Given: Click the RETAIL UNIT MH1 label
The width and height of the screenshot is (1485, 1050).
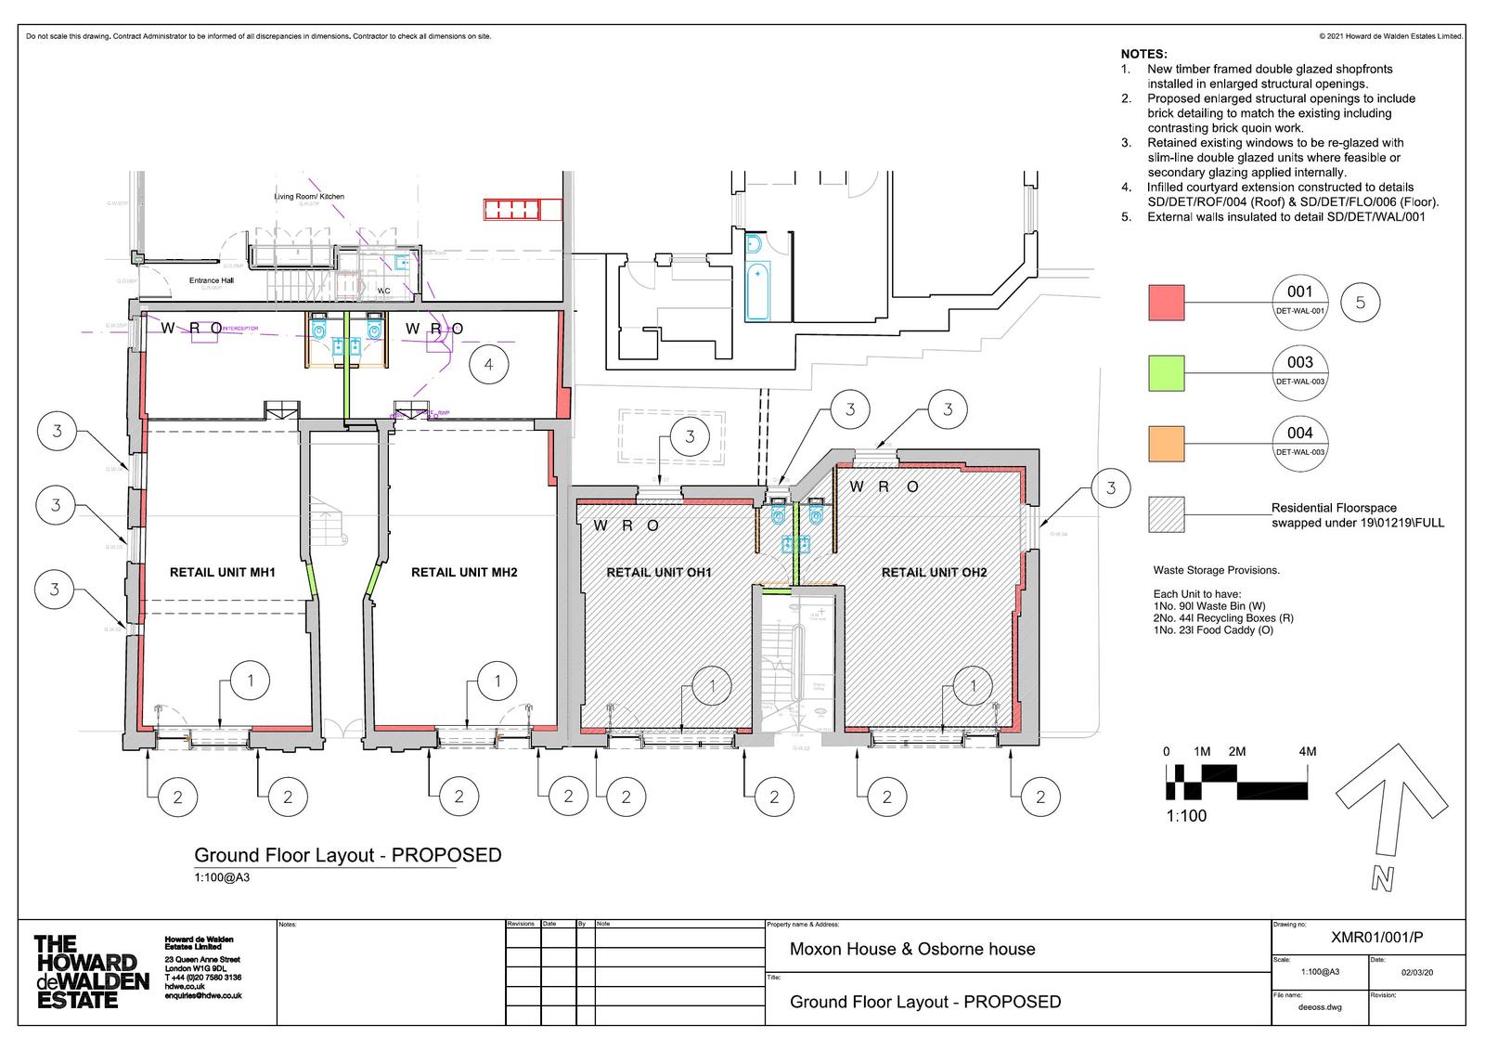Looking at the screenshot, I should pyautogui.click(x=222, y=572).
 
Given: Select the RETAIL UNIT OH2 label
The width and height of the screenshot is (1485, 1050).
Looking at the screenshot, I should pyautogui.click(x=934, y=572).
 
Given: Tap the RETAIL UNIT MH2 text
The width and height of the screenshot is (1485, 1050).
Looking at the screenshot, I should pyautogui.click(x=464, y=572).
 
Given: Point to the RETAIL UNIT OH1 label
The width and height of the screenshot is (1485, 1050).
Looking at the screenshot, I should pyautogui.click(x=658, y=572).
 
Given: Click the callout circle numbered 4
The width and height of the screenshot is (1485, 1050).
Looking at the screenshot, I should pyautogui.click(x=488, y=365).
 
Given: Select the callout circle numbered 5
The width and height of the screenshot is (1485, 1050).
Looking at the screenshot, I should pyautogui.click(x=1361, y=303).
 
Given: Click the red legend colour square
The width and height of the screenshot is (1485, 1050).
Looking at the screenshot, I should pyautogui.click(x=1167, y=303).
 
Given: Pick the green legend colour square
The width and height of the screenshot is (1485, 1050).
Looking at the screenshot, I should pyautogui.click(x=1167, y=373).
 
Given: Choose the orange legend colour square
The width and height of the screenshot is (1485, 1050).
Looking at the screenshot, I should pyautogui.click(x=1167, y=444).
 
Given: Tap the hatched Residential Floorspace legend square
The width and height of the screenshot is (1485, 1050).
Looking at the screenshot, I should pyautogui.click(x=1167, y=514).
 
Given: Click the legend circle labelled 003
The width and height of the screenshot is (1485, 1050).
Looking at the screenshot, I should pyautogui.click(x=1299, y=373).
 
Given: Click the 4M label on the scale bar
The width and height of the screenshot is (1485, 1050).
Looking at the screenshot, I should pyautogui.click(x=1307, y=751).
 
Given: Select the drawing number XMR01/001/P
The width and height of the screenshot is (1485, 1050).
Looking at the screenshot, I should pyautogui.click(x=1375, y=938).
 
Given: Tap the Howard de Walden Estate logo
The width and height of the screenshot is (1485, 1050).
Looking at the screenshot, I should pyautogui.click(x=90, y=972).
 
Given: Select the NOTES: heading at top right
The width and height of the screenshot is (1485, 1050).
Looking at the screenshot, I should pyautogui.click(x=1143, y=55).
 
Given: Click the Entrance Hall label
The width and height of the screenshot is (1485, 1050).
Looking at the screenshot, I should pyautogui.click(x=212, y=280).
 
